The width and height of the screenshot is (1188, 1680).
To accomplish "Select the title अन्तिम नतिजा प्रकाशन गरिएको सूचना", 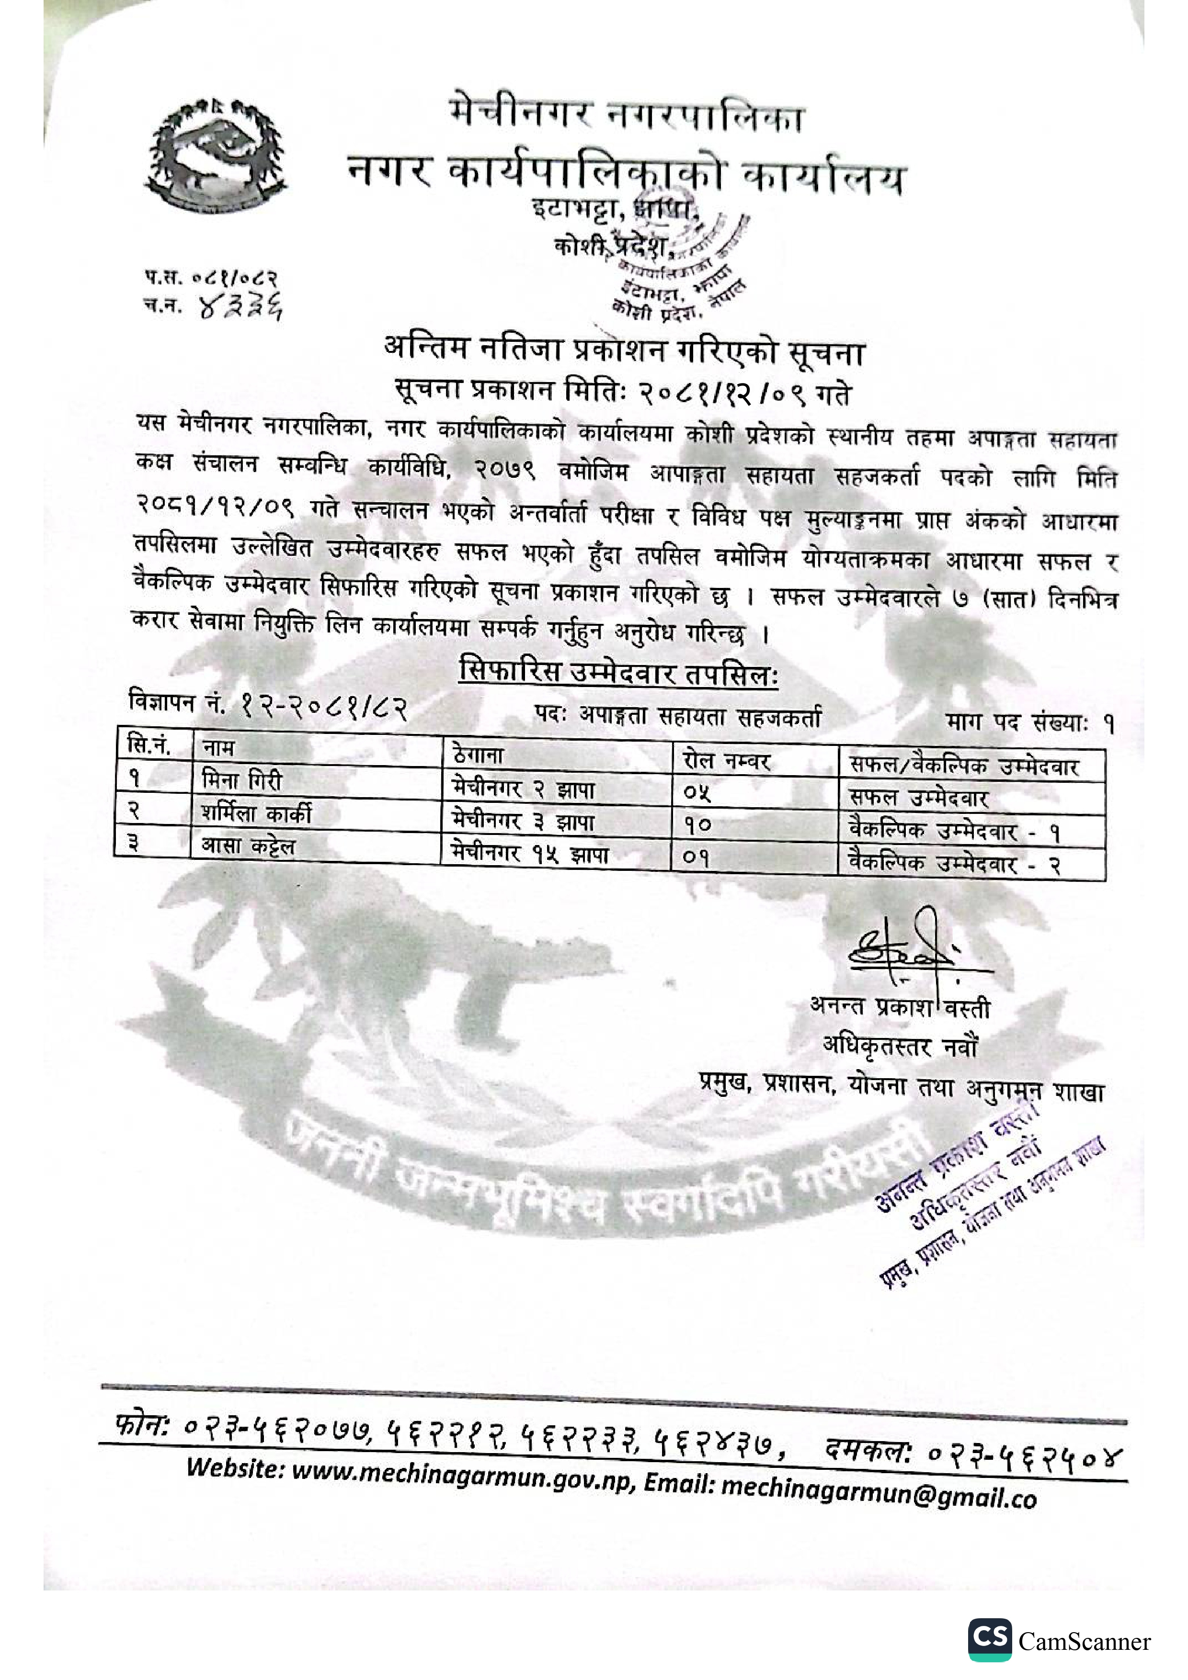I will [x=624, y=352].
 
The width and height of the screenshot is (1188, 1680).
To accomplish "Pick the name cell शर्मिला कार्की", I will [x=256, y=813].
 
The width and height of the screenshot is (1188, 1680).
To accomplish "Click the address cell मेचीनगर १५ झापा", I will [x=530, y=854].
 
